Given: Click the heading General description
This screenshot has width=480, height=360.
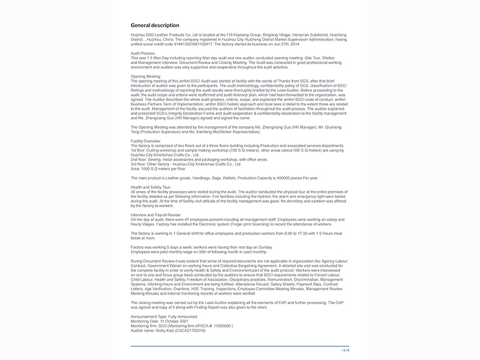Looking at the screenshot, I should point(155,25).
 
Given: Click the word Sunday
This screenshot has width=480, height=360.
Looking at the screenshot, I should point(265,247).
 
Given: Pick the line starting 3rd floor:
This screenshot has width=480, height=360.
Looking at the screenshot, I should point(186,163).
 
